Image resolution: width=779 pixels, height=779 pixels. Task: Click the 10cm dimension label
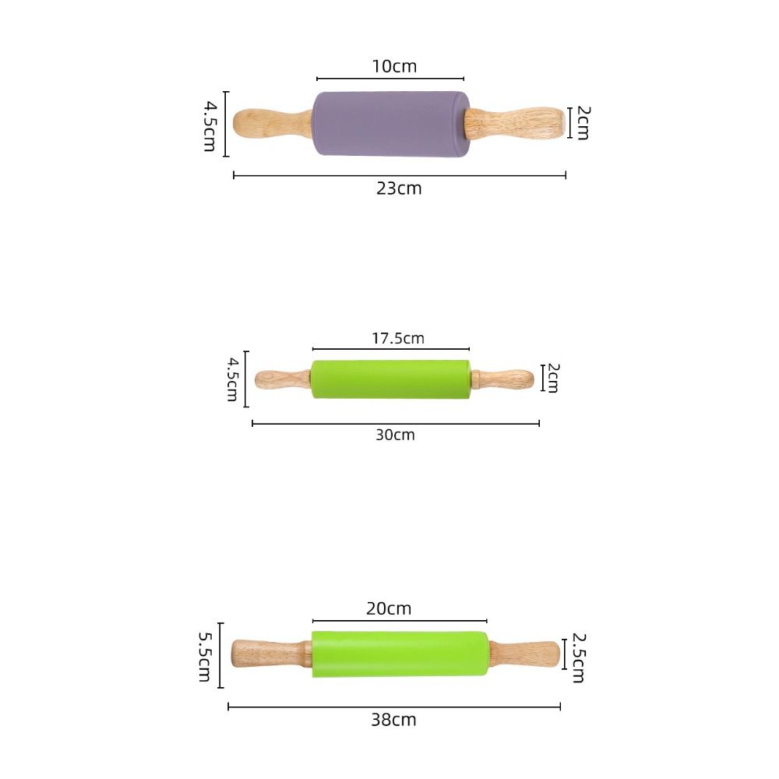394,66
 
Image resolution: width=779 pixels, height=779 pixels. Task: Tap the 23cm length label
399,188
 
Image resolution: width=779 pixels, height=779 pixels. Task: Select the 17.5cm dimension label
397,338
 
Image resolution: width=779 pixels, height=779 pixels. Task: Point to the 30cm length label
395,435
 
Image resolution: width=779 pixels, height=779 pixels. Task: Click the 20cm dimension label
389,608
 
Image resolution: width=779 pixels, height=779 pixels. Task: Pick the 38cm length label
393,720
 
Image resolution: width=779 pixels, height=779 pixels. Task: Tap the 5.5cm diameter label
205,656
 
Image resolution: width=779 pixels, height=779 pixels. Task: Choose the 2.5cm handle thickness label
578,657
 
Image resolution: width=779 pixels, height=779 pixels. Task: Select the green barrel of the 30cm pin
390,379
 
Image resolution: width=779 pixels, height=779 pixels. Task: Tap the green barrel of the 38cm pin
399,654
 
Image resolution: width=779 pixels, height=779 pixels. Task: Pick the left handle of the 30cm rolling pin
283,379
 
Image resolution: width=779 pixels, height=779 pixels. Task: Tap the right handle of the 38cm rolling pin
524,654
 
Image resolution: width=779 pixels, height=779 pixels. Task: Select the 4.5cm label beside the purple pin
210,125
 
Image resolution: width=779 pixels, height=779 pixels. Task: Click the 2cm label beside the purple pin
582,122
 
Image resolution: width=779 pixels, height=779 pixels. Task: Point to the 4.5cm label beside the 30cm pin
232,379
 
